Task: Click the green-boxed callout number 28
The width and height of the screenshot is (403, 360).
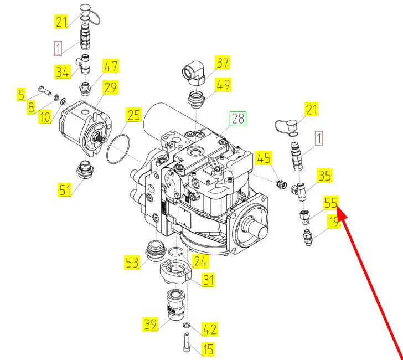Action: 238,118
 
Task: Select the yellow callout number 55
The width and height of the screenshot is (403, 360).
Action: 330,203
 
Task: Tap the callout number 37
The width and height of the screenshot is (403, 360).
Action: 223,63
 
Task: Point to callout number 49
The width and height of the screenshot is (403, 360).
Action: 224,85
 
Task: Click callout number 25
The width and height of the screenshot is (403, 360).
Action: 134,115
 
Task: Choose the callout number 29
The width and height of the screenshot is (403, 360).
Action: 111,88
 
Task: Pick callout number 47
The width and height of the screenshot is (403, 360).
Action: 112,67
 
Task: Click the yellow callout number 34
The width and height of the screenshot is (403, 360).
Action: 62,71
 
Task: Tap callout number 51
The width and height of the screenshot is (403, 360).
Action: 65,190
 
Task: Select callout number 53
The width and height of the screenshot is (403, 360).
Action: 132,262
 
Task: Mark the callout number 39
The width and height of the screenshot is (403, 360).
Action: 151,325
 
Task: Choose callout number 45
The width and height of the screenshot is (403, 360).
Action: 265,158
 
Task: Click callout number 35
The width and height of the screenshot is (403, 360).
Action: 324,176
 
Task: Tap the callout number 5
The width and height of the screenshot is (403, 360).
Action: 21,95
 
